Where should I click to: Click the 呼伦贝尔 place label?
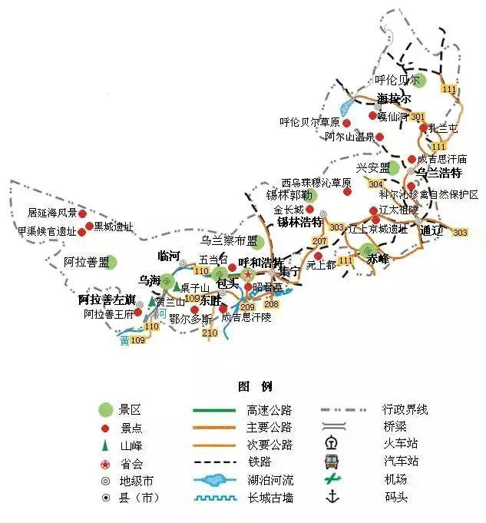point(397,80)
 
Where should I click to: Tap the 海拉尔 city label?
point(394,99)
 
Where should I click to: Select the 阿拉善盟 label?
point(86,263)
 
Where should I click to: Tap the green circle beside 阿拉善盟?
point(112,263)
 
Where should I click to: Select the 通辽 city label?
point(428,230)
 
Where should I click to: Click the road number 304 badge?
point(375,184)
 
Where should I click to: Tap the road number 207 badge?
point(319,241)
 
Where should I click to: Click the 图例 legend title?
point(255,386)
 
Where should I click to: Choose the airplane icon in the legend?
point(332,478)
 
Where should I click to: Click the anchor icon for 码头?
point(332,497)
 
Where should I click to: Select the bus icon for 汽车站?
point(332,462)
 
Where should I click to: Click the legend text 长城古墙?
point(269,498)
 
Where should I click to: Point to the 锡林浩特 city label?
point(299,222)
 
